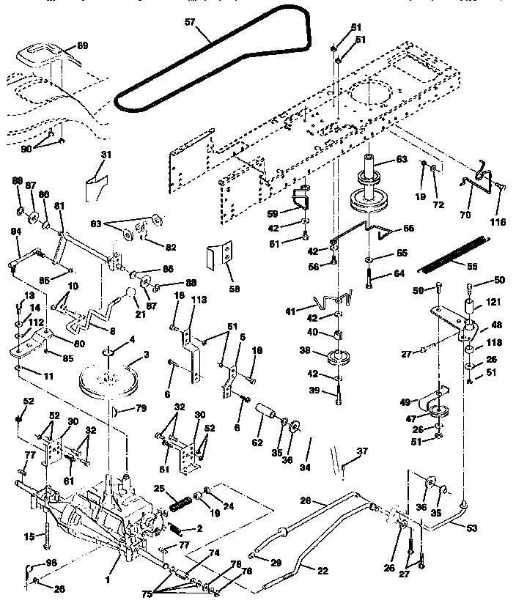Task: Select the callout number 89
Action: click(x=82, y=45)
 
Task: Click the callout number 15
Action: click(x=30, y=536)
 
